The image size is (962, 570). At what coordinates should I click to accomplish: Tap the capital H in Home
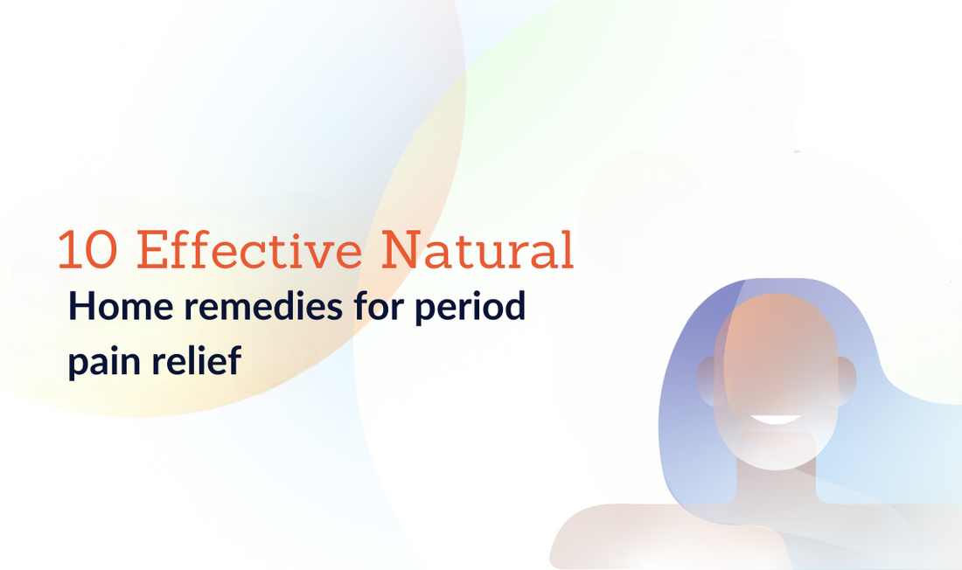tap(81, 309)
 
